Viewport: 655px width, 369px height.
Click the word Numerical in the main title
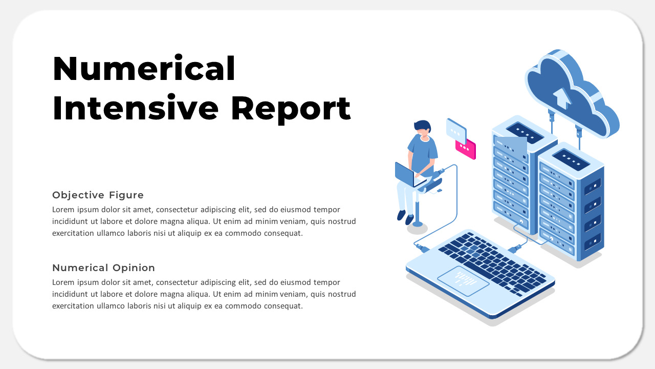click(144, 69)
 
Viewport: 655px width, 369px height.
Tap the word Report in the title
click(291, 108)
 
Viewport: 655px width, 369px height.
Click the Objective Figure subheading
click(98, 195)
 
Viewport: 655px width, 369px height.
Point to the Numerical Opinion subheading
click(103, 268)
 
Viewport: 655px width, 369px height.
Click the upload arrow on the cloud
click(562, 97)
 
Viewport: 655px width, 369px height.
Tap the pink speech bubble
click(466, 149)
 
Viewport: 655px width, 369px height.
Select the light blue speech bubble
click(456, 130)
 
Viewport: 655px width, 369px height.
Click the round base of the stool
click(418, 224)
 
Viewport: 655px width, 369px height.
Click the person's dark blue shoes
click(405, 217)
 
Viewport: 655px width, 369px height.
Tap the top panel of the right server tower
click(571, 159)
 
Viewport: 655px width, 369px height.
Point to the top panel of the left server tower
click(525, 130)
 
